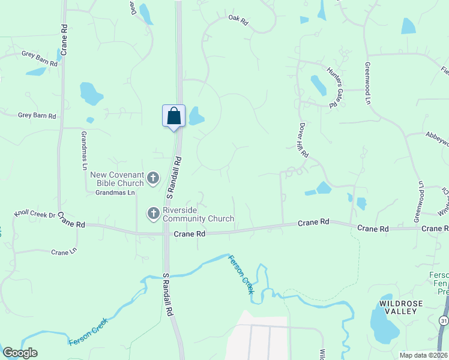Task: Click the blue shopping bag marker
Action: (x=173, y=115)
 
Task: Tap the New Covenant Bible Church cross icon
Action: (x=153, y=178)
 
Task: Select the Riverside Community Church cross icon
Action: (x=153, y=213)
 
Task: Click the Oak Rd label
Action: (x=238, y=20)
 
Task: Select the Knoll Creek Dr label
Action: (x=35, y=214)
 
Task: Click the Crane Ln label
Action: (x=64, y=252)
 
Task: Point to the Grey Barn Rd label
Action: (x=37, y=115)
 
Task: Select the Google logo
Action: (x=20, y=353)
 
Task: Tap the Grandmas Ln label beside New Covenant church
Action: (x=115, y=193)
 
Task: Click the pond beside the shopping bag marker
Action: (x=196, y=116)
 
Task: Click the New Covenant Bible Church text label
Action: (x=117, y=178)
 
